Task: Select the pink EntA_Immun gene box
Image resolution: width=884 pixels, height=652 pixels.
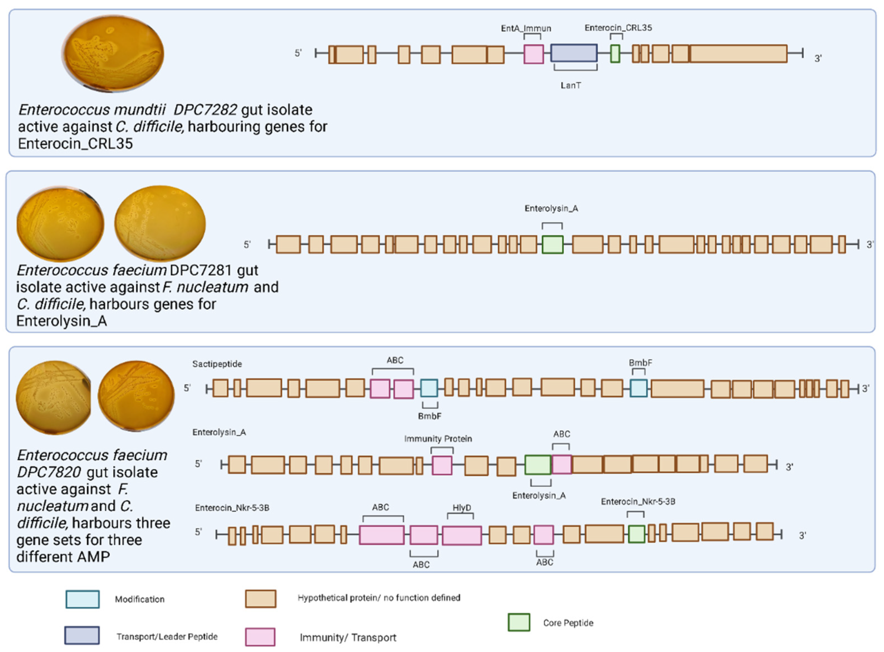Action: (533, 54)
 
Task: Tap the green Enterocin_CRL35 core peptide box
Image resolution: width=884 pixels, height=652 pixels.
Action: (615, 54)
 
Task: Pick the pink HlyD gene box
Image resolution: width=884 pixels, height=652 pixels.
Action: (462, 535)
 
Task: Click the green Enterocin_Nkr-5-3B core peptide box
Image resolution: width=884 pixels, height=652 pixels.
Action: (636, 534)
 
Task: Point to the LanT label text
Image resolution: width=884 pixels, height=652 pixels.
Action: (570, 85)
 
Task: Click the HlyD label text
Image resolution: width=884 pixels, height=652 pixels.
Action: (462, 508)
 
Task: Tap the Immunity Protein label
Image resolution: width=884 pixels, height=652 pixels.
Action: (438, 439)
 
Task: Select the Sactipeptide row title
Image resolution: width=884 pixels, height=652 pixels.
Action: (217, 364)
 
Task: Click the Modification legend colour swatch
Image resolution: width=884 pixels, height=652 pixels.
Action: (83, 599)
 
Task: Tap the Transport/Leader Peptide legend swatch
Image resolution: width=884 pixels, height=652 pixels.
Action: (82, 635)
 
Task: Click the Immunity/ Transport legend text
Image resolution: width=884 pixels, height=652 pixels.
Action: (348, 638)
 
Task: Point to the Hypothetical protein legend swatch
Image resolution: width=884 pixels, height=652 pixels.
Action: (260, 599)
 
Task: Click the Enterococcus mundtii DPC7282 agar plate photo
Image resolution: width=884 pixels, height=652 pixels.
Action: (113, 53)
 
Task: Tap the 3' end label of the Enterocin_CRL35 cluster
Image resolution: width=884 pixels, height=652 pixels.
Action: (818, 58)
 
